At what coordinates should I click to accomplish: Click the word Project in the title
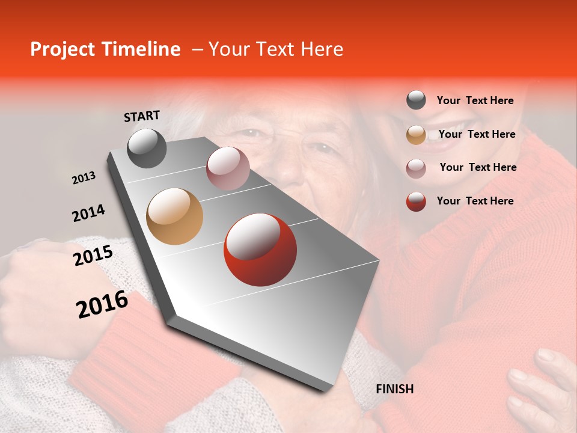(61, 49)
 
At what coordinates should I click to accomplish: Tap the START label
(142, 116)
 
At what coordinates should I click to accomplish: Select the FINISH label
(394, 389)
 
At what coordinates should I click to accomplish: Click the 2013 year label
(84, 178)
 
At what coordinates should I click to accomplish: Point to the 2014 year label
(88, 213)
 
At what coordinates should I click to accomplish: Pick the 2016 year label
(102, 304)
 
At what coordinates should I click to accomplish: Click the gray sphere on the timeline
(147, 148)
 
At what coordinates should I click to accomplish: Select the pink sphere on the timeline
(228, 168)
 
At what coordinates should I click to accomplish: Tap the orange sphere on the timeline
(175, 216)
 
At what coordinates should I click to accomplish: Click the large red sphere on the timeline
(260, 250)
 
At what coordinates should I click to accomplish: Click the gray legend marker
(416, 100)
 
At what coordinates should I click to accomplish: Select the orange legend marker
(416, 135)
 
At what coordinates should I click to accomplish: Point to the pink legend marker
(416, 168)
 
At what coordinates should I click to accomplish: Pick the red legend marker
(416, 201)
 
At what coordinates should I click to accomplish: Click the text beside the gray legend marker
(475, 101)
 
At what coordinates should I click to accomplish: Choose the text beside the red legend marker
(475, 201)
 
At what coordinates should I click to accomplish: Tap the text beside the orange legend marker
(477, 134)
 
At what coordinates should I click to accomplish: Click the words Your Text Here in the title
(275, 49)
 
